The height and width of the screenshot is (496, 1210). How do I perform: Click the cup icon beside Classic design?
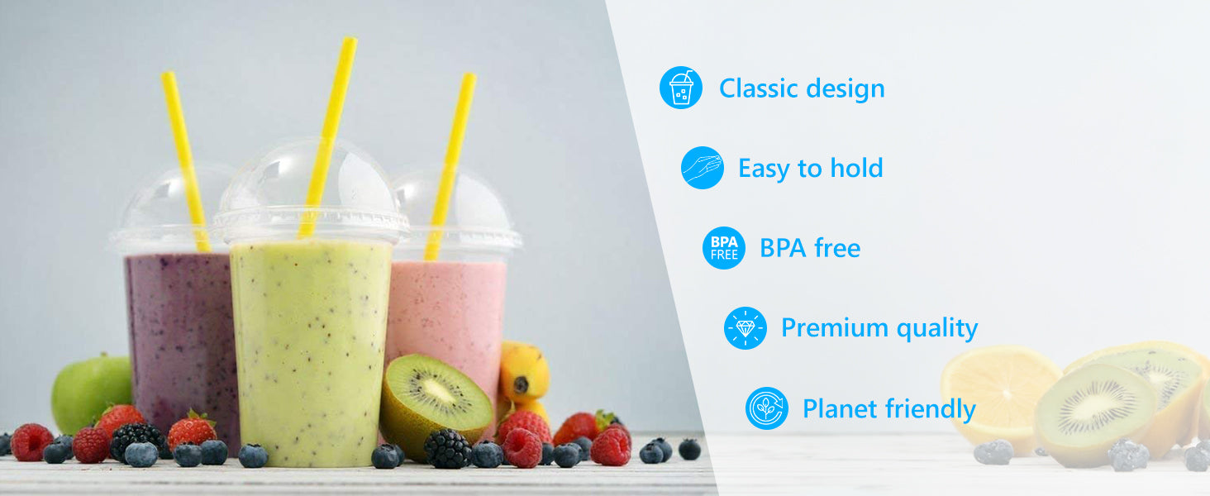681,88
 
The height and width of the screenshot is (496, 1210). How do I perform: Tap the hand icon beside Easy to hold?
703,168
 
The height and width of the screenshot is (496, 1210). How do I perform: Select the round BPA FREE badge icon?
724,248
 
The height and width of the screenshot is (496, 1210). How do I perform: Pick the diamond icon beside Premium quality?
746,328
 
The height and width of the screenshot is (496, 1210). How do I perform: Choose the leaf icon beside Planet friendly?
766,408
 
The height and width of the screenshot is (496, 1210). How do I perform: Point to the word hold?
857,168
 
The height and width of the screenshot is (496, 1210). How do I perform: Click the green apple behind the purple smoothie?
91,393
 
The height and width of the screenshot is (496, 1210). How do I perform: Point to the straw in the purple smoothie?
186,161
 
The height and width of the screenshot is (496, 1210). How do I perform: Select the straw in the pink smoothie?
450,166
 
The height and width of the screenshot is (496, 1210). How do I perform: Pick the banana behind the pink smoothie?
523,373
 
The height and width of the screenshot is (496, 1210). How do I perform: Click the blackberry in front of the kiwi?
448,448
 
